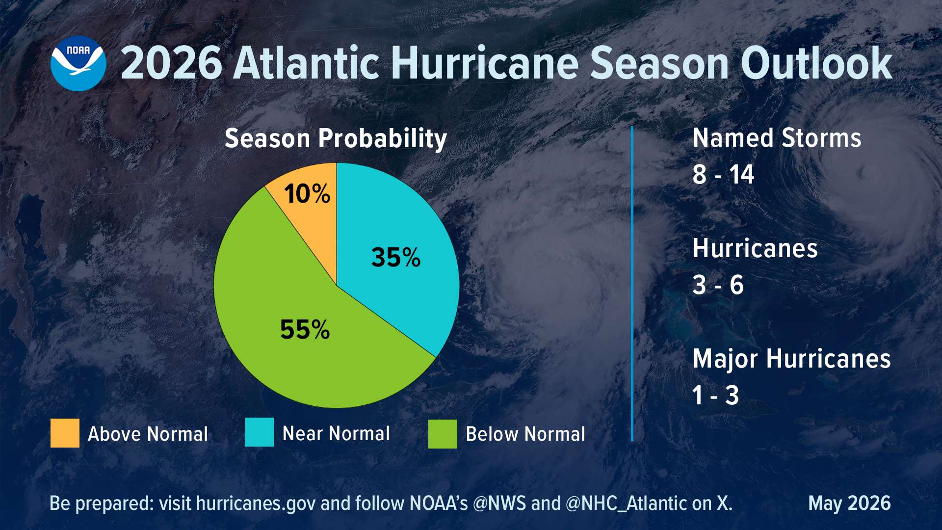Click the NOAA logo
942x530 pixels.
78,63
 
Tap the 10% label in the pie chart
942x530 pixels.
307,194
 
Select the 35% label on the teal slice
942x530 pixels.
396,257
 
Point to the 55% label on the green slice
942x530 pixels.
305,329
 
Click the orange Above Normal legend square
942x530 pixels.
65,433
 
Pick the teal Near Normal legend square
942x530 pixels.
259,432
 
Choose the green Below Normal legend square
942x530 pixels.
443,434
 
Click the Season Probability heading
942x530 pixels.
336,139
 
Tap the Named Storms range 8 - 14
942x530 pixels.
723,175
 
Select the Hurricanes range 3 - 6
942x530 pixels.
718,285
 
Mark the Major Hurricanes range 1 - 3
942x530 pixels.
715,396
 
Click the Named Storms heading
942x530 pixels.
777,138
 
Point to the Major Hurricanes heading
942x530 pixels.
791,359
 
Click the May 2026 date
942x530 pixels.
849,503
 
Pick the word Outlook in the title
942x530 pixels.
816,64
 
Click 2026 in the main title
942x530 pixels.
171,64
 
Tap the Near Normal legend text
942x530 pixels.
336,433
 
